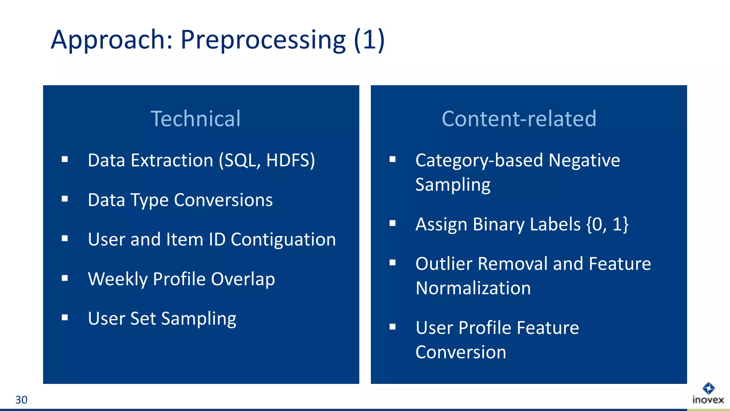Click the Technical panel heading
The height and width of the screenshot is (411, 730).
tap(196, 118)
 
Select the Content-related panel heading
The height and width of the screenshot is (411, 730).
tap(519, 118)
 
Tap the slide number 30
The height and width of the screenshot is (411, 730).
tap(21, 400)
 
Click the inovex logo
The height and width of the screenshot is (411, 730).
tap(708, 394)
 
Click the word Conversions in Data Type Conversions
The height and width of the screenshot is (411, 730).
tap(223, 200)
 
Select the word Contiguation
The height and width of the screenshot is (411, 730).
tap(283, 239)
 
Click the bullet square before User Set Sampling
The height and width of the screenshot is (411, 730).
tap(65, 317)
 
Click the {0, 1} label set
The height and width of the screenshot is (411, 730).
tap(607, 224)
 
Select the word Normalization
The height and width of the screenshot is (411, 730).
tap(473, 288)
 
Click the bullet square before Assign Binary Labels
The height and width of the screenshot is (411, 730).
tap(392, 223)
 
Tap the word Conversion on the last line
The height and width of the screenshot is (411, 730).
tap(461, 352)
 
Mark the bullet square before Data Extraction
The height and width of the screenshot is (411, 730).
tap(65, 159)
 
